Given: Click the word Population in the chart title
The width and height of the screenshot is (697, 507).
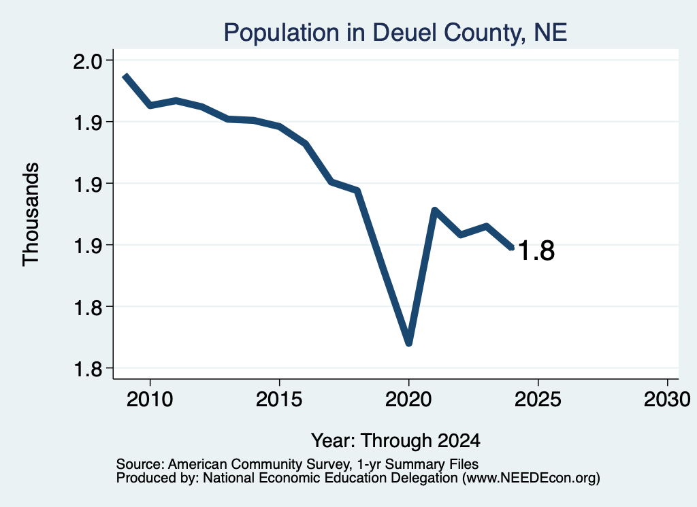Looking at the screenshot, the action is click(281, 33).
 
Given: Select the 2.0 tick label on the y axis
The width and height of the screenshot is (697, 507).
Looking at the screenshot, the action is click(87, 61).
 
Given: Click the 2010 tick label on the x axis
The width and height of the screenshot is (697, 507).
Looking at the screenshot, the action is click(150, 399).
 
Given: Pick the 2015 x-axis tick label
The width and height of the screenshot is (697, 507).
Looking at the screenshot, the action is click(279, 399).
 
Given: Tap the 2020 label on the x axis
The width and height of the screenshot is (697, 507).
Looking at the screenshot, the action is click(408, 399).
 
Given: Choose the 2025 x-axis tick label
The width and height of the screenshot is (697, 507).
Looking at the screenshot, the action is click(538, 399).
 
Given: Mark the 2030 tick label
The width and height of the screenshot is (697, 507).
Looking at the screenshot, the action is click(667, 399).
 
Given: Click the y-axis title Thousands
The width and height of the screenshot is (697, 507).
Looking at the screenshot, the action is click(31, 214).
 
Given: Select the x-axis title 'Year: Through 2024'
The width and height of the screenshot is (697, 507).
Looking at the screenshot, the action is click(395, 441).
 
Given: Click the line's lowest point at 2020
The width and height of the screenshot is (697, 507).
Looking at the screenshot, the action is click(409, 343).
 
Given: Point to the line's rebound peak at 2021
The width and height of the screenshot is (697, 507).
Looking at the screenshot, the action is click(435, 210).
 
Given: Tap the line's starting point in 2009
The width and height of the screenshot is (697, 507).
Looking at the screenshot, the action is click(125, 76).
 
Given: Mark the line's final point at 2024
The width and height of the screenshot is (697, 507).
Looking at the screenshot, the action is click(512, 248).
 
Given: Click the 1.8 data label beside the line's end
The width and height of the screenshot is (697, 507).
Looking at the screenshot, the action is click(536, 250).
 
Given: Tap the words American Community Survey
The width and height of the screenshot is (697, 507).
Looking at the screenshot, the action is click(258, 464).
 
